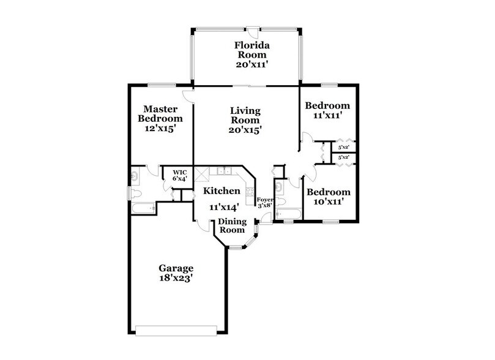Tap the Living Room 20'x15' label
point(245,120)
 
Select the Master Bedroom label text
point(160,119)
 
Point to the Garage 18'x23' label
point(176,273)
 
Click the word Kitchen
point(223,192)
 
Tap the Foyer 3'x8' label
point(264,203)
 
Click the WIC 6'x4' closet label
point(179,176)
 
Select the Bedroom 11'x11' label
point(327,110)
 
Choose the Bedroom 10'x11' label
point(328,196)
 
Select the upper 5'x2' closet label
point(344,147)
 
